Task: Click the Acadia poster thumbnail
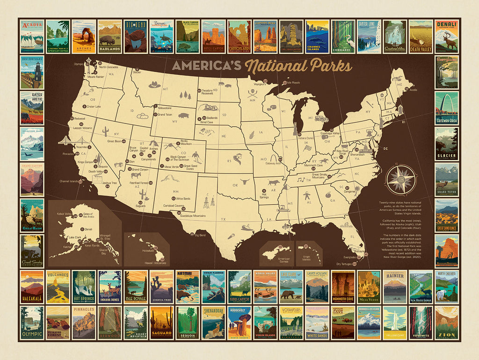pyautogui.click(x=32, y=36)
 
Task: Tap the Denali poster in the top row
pyautogui.click(x=446, y=36)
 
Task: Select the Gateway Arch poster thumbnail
pyautogui.click(x=446, y=108)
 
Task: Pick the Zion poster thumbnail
pyautogui.click(x=446, y=323)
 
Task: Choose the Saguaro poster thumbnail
pyautogui.click(x=161, y=323)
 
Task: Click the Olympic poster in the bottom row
pyautogui.click(x=32, y=323)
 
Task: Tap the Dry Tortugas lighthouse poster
pyautogui.click(x=32, y=72)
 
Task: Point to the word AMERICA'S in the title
pyautogui.click(x=206, y=65)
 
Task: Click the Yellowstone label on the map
pyautogui.click(x=165, y=107)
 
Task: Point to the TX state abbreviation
pyautogui.click(x=224, y=219)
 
